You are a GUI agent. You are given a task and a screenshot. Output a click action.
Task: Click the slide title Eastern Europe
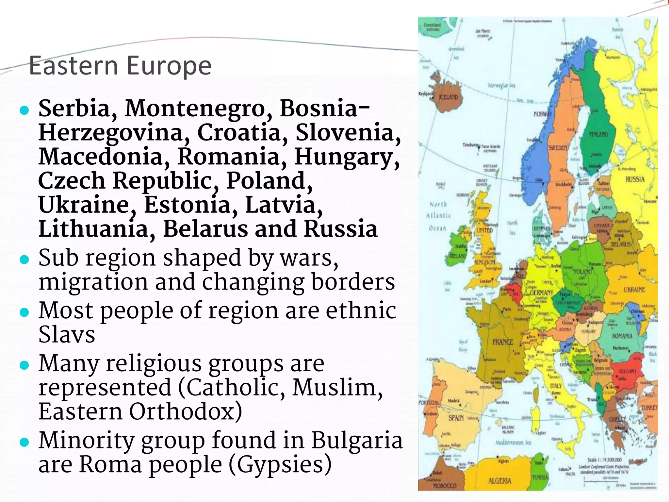point(120,66)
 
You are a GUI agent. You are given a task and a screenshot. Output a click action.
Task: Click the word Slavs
point(67,334)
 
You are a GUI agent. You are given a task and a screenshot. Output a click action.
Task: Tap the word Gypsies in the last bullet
point(280,464)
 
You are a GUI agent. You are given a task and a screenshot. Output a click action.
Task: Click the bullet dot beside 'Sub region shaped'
point(24,259)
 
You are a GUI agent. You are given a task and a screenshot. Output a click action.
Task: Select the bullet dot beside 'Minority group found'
point(24,442)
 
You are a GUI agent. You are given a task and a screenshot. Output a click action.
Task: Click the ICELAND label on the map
point(448,97)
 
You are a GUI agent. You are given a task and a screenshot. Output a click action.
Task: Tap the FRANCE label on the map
point(503,342)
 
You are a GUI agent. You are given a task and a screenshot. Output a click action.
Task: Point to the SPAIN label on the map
point(456,418)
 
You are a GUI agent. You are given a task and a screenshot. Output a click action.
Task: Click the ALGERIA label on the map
point(499,481)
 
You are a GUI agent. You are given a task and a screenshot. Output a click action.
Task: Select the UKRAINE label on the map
point(634,290)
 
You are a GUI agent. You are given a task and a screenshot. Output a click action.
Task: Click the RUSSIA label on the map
point(635,179)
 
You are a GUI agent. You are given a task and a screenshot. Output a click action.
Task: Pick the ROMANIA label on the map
point(622,336)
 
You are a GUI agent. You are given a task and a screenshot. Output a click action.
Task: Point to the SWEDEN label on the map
point(558,148)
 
